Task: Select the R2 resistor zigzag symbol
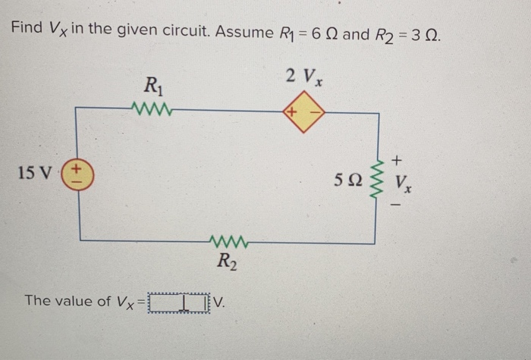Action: (225, 243)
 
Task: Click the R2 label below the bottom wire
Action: (225, 263)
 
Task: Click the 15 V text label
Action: (35, 174)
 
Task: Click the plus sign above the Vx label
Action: (400, 160)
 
